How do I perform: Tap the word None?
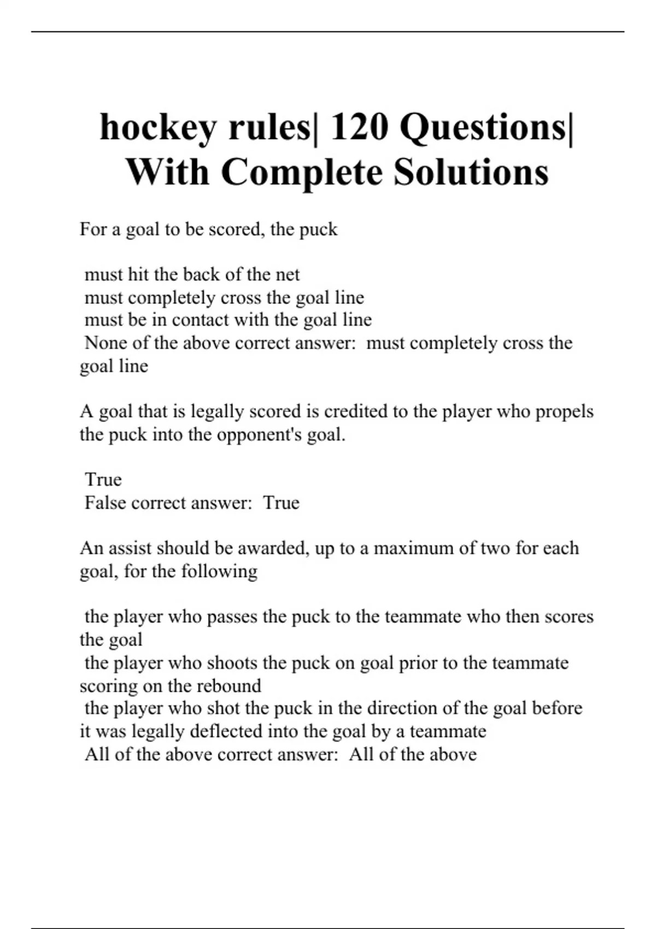106,343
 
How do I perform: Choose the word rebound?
229,686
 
